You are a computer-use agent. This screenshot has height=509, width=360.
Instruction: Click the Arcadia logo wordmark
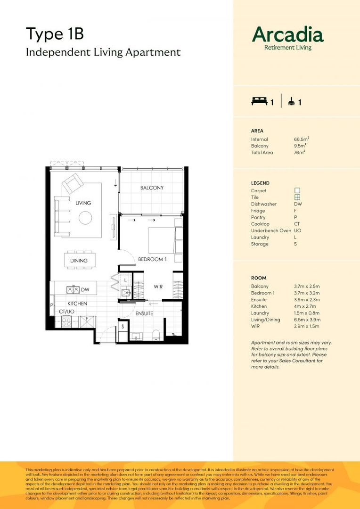288,35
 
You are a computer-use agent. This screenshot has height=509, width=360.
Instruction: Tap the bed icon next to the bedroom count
259,101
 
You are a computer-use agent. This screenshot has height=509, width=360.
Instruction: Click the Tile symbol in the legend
297,197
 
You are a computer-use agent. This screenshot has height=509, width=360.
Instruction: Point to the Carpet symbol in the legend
297,191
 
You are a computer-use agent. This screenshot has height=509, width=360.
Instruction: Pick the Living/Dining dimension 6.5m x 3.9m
306,320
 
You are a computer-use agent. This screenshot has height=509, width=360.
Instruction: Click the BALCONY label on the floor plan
152,188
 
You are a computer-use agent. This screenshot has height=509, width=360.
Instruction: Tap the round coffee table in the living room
85,217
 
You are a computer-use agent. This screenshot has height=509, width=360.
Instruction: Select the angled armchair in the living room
73,183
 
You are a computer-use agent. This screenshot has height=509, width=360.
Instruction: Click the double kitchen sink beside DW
73,289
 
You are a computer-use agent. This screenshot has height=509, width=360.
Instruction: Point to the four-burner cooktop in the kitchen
66,322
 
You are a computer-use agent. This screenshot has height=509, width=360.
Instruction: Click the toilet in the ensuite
157,335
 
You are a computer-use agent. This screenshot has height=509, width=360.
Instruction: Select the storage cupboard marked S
122,326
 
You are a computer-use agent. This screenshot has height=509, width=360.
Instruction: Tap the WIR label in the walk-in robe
158,287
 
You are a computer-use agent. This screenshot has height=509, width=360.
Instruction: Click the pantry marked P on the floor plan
51,306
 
